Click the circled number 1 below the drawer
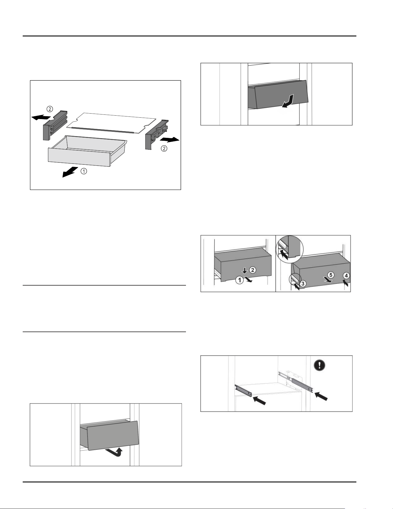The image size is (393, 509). (83, 171)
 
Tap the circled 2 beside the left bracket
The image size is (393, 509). (50, 109)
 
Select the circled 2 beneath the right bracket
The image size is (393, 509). (164, 149)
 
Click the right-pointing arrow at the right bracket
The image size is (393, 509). (170, 140)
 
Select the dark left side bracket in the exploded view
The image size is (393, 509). (55, 125)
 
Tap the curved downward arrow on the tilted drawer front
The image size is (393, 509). (289, 102)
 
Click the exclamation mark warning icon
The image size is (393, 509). (319, 365)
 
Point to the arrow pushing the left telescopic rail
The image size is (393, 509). (259, 400)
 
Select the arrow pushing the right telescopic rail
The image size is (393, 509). (321, 396)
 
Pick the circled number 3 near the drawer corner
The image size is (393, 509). (303, 284)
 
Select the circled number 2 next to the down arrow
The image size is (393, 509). (252, 270)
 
